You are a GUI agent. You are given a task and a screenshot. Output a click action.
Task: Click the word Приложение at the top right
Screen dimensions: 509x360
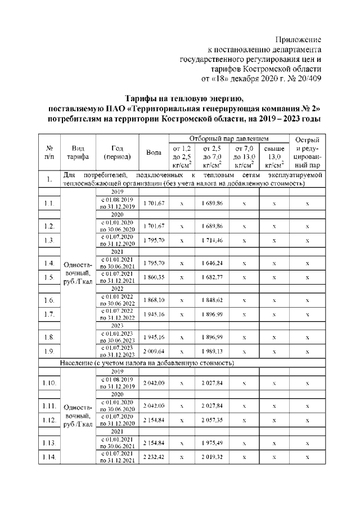298,40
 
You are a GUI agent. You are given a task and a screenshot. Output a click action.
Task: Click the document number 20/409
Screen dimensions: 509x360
307,78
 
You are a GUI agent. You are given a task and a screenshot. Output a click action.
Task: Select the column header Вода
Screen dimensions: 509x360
154,152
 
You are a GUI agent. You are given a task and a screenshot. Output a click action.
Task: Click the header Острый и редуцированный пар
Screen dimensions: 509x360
308,152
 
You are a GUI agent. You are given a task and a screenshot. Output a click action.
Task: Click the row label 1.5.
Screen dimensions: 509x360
49,277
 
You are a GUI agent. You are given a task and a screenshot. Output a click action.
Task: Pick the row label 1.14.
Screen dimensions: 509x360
49,457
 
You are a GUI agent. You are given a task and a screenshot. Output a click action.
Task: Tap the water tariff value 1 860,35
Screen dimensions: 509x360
154,277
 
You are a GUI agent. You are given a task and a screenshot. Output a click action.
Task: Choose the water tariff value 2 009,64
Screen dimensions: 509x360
154,351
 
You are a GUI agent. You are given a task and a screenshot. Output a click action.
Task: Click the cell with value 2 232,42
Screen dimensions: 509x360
154,457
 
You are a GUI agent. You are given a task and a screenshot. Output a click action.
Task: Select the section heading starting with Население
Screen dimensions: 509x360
147,363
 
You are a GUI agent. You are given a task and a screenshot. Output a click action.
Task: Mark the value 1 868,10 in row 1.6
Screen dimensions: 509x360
154,300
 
